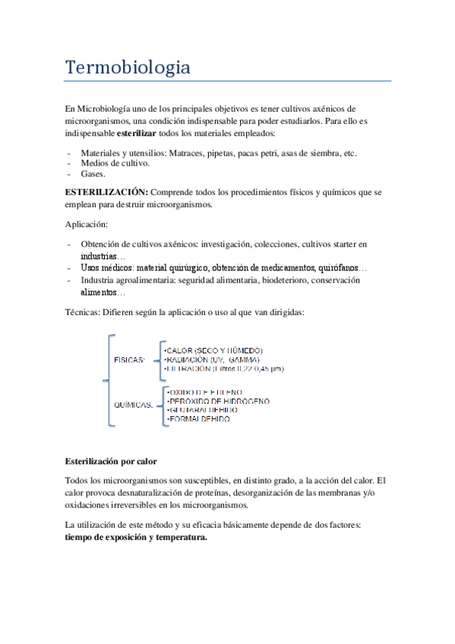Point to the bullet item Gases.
(93, 173)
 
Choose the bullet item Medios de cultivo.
(115, 163)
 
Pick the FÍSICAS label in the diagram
(129, 359)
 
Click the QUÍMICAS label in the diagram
(132, 403)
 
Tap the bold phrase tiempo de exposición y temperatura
(135, 536)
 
